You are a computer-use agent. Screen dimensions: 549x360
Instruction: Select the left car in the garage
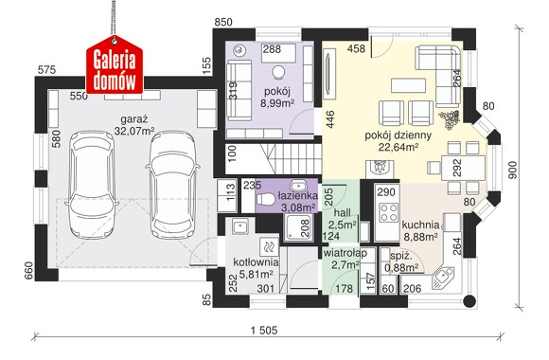[x=92, y=185]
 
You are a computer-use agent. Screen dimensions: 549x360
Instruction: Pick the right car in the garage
[x=172, y=185]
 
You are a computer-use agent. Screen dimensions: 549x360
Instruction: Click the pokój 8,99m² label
[x=277, y=97]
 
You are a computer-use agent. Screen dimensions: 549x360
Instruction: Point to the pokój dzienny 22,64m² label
[x=398, y=141]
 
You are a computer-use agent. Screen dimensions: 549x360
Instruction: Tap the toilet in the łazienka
[x=266, y=199]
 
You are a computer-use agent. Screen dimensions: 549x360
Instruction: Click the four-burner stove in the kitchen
[x=389, y=212]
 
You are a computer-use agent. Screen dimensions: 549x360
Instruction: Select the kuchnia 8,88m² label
[x=421, y=230]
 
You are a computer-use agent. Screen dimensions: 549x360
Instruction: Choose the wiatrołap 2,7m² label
[x=345, y=259]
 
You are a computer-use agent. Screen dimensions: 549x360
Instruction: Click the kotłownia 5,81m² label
[x=256, y=267]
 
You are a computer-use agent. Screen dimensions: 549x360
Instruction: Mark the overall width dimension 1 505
[x=264, y=330]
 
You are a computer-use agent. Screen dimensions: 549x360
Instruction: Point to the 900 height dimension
[x=512, y=170]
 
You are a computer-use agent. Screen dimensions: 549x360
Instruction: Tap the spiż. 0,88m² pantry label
[x=401, y=261]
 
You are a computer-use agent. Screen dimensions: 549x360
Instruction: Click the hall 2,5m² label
[x=343, y=218]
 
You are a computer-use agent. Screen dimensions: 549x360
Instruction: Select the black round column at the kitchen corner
[x=469, y=301]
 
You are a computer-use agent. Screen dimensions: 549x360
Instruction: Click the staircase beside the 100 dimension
[x=274, y=159]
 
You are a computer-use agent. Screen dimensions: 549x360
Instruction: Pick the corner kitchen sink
[x=443, y=279]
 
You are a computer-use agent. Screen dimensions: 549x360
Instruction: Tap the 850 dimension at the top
[x=223, y=22]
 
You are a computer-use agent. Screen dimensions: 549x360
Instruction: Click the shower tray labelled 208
[x=299, y=227]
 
